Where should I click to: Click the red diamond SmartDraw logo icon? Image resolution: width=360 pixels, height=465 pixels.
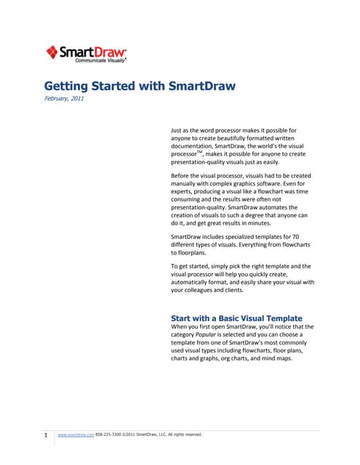pyautogui.click(x=52, y=52)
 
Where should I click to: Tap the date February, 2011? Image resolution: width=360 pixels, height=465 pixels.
pyautogui.click(x=64, y=99)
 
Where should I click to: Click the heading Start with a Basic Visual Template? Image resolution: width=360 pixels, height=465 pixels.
pyautogui.click(x=236, y=318)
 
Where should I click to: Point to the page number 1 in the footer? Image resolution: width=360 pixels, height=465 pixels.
pyautogui.click(x=46, y=435)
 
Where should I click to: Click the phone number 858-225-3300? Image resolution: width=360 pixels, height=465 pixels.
pyautogui.click(x=108, y=434)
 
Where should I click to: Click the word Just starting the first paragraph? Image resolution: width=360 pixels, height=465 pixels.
pyautogui.click(x=178, y=131)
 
